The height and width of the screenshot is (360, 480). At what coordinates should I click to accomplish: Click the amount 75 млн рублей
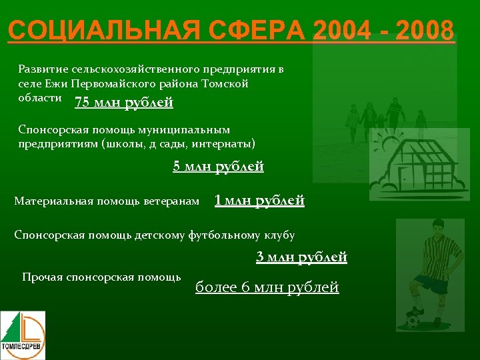[x=124, y=103]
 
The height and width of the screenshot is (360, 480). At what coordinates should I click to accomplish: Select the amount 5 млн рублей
[x=218, y=167]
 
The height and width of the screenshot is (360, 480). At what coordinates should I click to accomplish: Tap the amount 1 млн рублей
[x=259, y=200]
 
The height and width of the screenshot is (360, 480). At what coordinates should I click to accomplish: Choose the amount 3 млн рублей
[x=301, y=257]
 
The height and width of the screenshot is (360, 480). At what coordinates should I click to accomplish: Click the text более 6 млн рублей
[x=267, y=287]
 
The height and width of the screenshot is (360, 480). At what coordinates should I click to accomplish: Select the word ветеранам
[x=171, y=201]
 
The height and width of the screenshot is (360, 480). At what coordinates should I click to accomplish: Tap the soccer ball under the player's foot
[x=413, y=321]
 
